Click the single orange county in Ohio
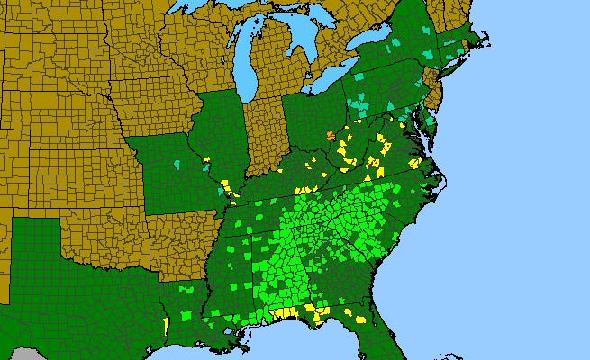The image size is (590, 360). point(331,136)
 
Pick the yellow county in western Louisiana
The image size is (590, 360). point(167,324)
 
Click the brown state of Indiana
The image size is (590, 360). point(264,130)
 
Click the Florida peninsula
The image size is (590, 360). point(378,333)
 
